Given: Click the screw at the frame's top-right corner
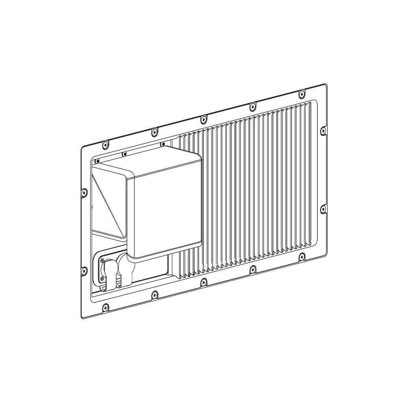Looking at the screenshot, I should pos(301,94).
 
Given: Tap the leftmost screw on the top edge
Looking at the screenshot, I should pos(105,144).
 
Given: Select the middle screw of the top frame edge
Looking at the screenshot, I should pos(203,119).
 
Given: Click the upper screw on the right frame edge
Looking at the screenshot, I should pos(323,131).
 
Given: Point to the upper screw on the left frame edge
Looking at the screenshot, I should pos(84,192).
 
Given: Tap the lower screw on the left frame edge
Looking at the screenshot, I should pos(84,270).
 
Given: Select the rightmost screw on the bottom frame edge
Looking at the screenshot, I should pos(301,257).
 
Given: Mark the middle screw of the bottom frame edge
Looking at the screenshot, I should pos(203,282).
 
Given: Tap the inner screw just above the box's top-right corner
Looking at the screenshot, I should pos(162,144).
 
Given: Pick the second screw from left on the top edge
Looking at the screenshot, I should pos(154,132).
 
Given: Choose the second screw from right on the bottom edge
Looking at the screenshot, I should pos(253,269).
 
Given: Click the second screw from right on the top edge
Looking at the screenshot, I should pos(253,106).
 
